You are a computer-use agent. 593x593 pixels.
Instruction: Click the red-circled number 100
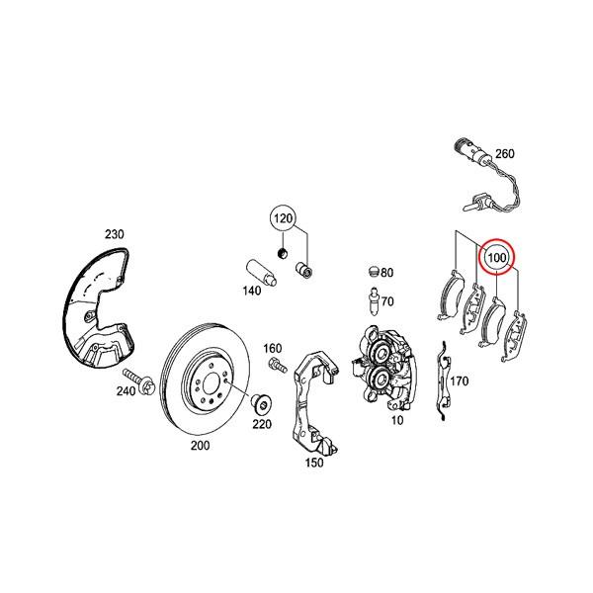pyautogui.click(x=496, y=259)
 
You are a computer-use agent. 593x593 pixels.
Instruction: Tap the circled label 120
pyautogui.click(x=285, y=218)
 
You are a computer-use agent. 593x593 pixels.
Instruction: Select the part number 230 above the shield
pyautogui.click(x=115, y=234)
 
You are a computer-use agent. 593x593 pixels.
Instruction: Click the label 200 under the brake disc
pyautogui.click(x=201, y=446)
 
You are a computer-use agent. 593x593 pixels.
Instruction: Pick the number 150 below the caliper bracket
pyautogui.click(x=314, y=462)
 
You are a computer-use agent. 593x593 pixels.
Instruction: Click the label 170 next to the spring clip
pyautogui.click(x=458, y=381)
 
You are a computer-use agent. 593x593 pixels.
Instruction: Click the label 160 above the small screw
pyautogui.click(x=273, y=348)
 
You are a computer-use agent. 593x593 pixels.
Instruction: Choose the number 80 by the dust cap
pyautogui.click(x=386, y=272)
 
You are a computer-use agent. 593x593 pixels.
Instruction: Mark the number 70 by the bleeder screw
pyautogui.click(x=387, y=301)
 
